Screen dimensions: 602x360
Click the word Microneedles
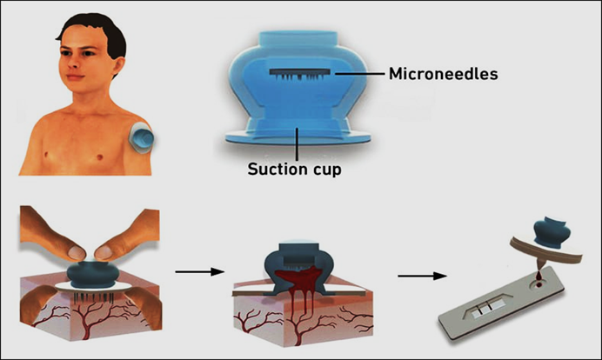tap(443, 74)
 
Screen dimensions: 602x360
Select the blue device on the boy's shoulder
tap(142, 137)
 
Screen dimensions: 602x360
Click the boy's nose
tap(73, 63)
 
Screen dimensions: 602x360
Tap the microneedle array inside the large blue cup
tap(300, 74)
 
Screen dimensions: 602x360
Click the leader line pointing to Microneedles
tap(360, 73)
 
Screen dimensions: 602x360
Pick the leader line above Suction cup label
tap(297, 144)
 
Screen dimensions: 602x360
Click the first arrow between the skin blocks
tap(199, 271)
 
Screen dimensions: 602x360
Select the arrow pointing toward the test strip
tap(422, 276)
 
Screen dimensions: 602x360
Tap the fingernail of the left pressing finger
tap(77, 252)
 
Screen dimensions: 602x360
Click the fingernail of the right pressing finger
tap(104, 252)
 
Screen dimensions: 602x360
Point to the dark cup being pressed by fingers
tap(91, 275)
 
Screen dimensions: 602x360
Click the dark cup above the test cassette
tap(552, 231)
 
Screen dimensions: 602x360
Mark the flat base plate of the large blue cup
tap(298, 137)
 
